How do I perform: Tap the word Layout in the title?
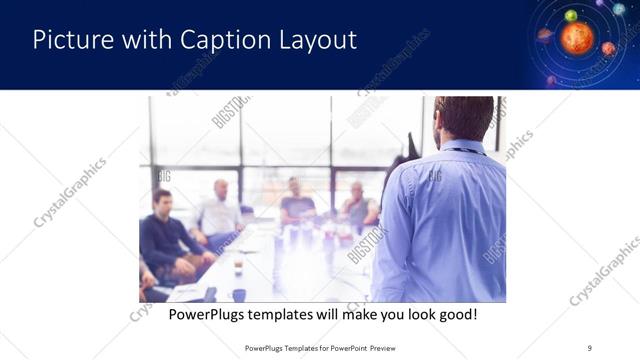[x=317, y=41]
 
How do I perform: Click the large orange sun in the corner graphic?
[x=577, y=39]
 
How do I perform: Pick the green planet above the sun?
[x=571, y=15]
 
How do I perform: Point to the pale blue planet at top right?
[x=619, y=9]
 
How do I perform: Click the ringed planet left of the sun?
[x=545, y=34]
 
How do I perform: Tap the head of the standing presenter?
[x=463, y=117]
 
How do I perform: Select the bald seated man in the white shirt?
[x=219, y=210]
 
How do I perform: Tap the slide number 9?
[x=590, y=348]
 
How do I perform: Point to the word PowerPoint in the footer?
[x=342, y=348]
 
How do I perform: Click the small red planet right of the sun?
[x=608, y=48]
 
